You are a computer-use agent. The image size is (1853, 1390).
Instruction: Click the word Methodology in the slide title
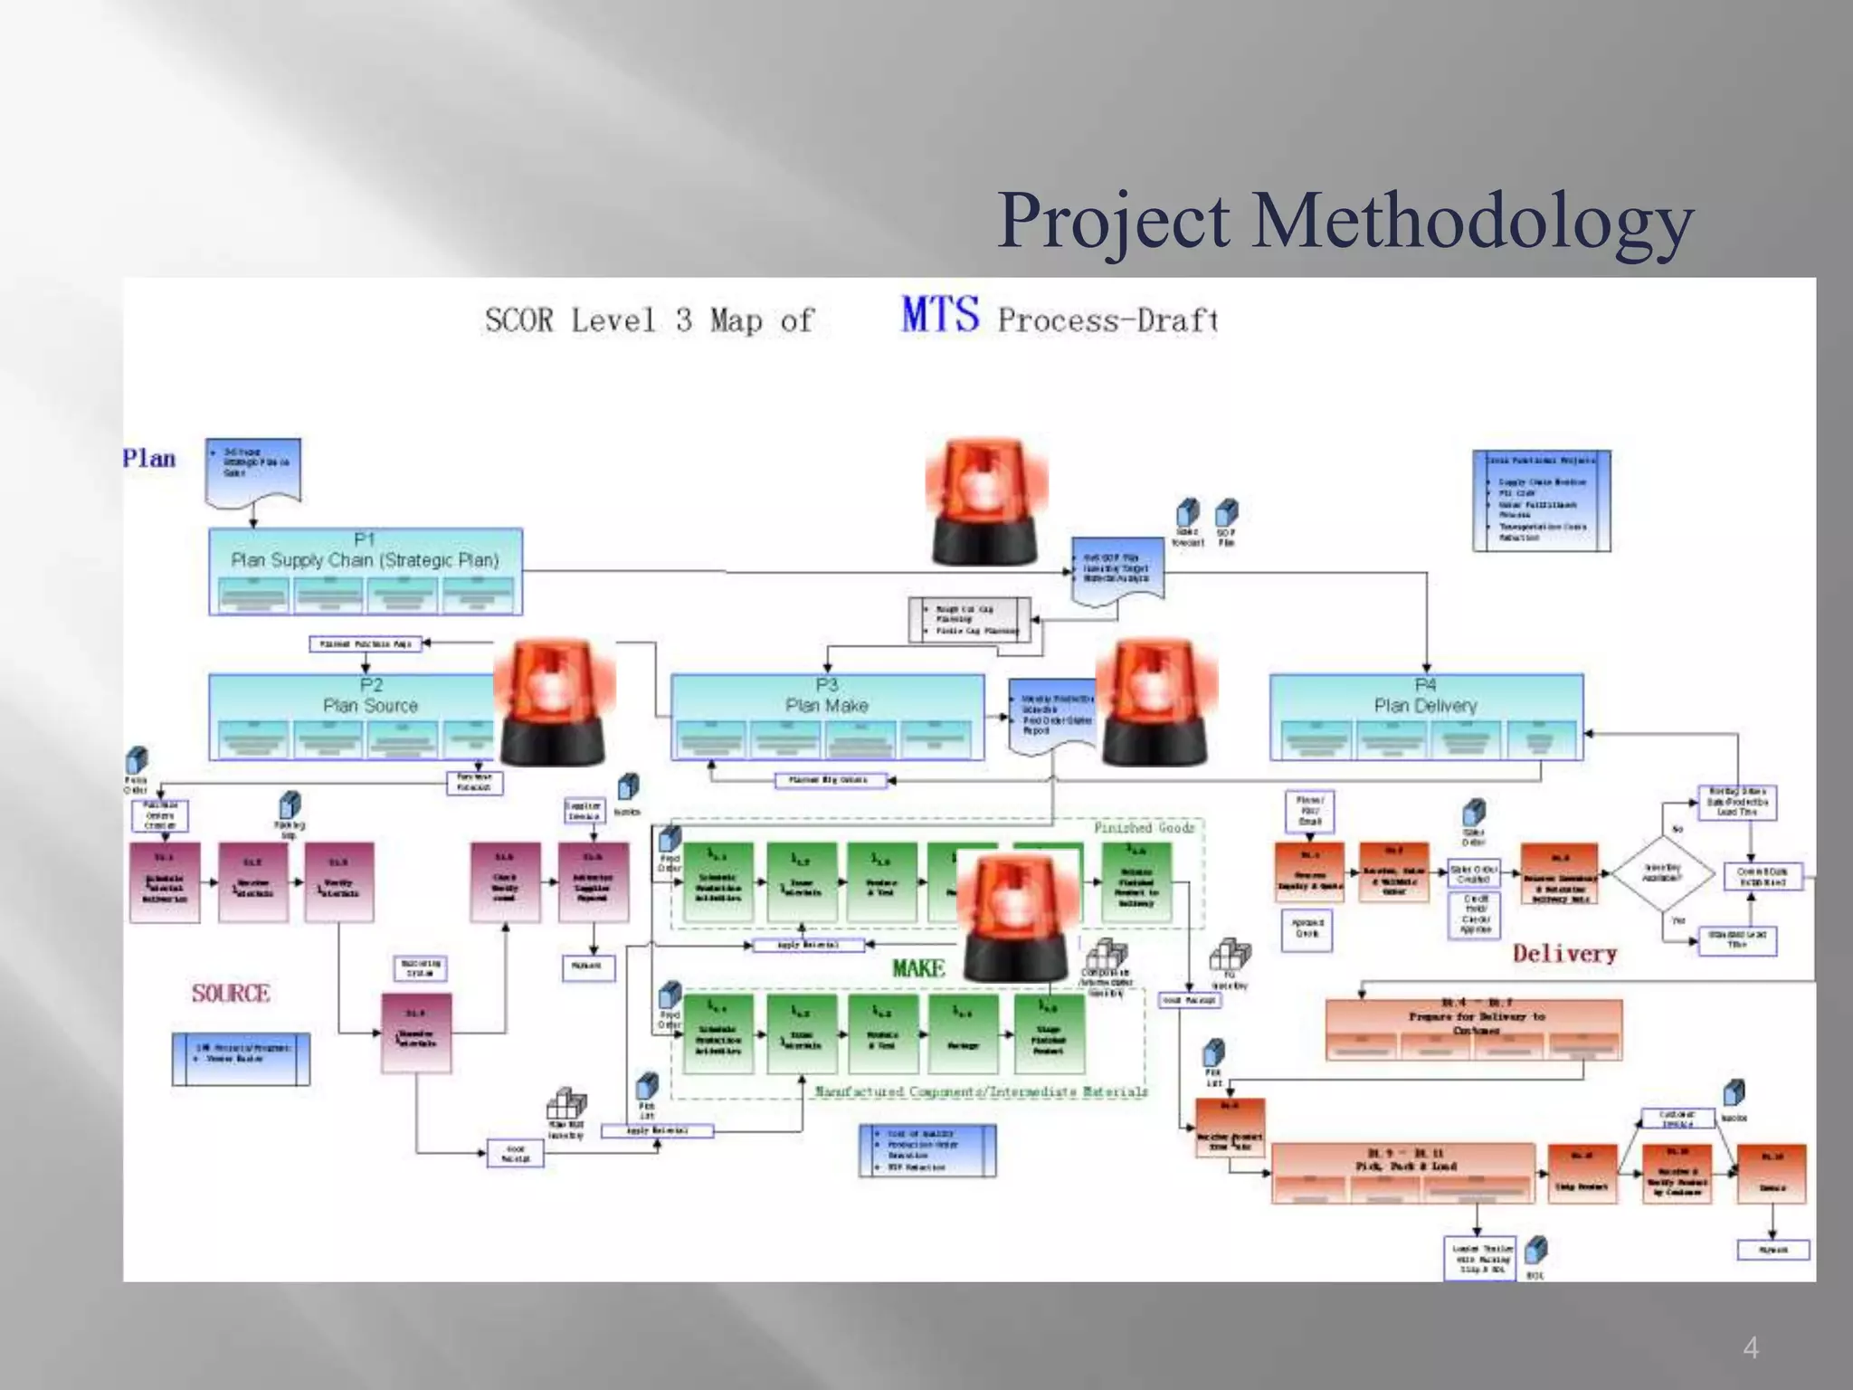1472,222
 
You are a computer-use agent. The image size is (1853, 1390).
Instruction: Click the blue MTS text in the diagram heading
940,316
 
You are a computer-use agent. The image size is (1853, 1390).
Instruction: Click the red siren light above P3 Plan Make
986,501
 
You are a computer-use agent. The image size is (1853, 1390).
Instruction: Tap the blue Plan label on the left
149,458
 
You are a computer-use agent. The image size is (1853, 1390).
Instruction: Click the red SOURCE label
231,994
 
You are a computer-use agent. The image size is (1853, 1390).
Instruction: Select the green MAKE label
918,968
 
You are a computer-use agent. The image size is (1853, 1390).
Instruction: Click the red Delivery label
1564,953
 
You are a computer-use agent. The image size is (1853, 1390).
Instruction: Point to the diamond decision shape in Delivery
1663,873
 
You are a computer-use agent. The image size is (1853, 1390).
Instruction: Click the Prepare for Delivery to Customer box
1473,1029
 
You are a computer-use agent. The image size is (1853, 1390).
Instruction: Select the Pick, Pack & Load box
1403,1173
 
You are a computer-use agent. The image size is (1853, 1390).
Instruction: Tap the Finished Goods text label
1144,827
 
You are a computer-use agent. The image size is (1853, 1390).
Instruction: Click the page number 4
1751,1348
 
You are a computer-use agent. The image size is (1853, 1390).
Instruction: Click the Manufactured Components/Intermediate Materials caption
981,1091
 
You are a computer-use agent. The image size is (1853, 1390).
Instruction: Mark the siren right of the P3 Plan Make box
1156,701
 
